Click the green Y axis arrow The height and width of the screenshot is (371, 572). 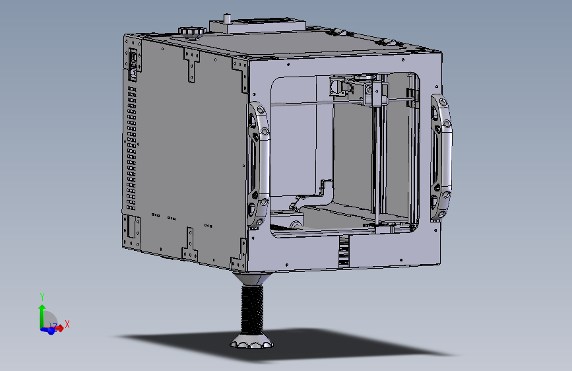(42, 314)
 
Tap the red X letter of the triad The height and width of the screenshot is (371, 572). (67, 324)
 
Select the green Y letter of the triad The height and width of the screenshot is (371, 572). (42, 297)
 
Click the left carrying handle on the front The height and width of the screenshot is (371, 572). (257, 161)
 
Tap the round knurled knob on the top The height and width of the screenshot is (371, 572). (192, 30)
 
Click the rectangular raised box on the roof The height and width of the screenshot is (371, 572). (257, 26)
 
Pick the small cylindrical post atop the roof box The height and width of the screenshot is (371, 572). (228, 18)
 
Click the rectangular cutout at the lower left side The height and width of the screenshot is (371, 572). (132, 228)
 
